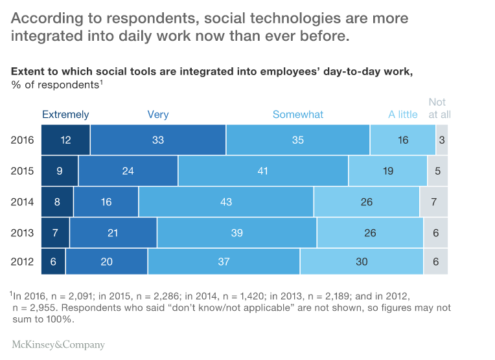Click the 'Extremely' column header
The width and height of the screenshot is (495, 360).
[65, 115]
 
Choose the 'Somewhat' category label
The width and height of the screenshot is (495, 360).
[297, 115]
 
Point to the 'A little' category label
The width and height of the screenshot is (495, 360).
[402, 115]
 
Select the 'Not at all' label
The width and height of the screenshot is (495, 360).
[439, 108]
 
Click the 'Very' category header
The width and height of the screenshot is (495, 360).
[158, 115]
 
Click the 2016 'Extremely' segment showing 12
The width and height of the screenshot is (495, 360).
[65, 140]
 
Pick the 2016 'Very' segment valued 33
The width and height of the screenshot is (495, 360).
[158, 140]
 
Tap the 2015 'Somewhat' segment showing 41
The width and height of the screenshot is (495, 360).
[263, 171]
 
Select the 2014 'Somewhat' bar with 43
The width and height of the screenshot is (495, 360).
[226, 202]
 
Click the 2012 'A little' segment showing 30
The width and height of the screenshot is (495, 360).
[362, 262]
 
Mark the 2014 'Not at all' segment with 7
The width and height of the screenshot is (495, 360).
[433, 202]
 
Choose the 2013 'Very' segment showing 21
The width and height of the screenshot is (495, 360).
[113, 232]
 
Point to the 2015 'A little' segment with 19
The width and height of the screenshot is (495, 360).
[387, 171]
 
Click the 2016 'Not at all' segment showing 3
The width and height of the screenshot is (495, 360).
[441, 140]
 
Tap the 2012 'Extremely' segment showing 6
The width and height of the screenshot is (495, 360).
[53, 262]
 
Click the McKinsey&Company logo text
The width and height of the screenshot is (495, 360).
[58, 344]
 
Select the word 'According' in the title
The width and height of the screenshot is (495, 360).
[42, 17]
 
